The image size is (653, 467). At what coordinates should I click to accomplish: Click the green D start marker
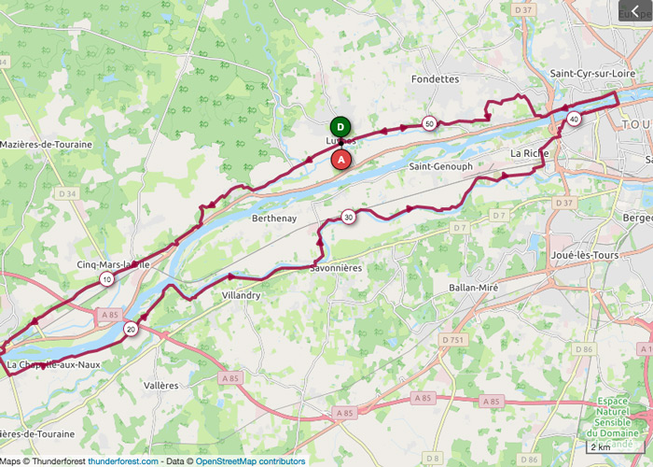point(341,127)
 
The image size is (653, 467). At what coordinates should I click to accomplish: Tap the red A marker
point(341,160)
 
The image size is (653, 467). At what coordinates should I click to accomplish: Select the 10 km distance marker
point(108,279)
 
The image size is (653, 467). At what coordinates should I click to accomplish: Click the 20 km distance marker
point(131,329)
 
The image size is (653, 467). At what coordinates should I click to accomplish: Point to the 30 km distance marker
point(348,217)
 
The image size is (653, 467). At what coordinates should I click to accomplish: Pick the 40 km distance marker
point(574,119)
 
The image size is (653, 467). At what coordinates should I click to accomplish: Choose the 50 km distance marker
point(429,123)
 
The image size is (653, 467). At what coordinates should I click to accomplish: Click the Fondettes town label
point(435,79)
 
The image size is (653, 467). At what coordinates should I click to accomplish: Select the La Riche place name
point(529,152)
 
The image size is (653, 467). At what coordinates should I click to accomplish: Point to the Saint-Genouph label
point(440,166)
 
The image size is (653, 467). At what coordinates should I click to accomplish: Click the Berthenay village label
point(274,219)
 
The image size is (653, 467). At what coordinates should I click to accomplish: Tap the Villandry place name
point(242,295)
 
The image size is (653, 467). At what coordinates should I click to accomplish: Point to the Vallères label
point(161,384)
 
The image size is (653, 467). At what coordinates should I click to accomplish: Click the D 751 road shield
point(453,339)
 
